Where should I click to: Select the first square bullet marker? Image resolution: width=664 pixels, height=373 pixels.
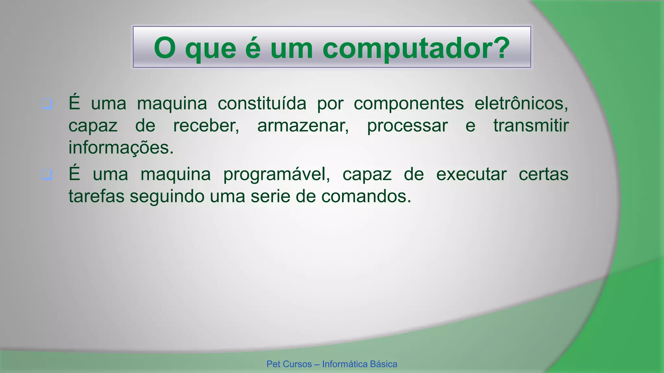pyautogui.click(x=47, y=104)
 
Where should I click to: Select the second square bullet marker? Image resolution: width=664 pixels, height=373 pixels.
pyautogui.click(x=47, y=175)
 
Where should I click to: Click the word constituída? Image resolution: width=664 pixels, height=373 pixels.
pyautogui.click(x=262, y=104)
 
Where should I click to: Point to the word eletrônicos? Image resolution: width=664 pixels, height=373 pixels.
pyautogui.click(x=521, y=104)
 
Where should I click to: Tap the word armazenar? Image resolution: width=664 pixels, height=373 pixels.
pyautogui.click(x=303, y=126)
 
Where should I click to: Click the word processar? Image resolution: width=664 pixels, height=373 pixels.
pyautogui.click(x=407, y=126)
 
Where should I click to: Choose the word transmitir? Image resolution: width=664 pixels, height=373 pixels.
pyautogui.click(x=531, y=126)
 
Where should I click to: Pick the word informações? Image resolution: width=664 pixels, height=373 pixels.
pyautogui.click(x=121, y=148)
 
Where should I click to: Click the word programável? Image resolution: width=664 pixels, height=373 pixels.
pyautogui.click(x=276, y=175)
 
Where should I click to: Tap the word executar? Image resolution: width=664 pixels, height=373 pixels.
pyautogui.click(x=471, y=174)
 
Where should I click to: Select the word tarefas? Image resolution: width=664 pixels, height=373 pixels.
pyautogui.click(x=96, y=196)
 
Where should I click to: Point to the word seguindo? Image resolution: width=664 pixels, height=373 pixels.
pyautogui.click(x=167, y=197)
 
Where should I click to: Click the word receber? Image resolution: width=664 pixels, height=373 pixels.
pyautogui.click(x=206, y=126)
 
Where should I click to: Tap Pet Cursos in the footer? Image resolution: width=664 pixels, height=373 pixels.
pyautogui.click(x=289, y=364)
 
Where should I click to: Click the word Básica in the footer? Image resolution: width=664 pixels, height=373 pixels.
pyautogui.click(x=384, y=364)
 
